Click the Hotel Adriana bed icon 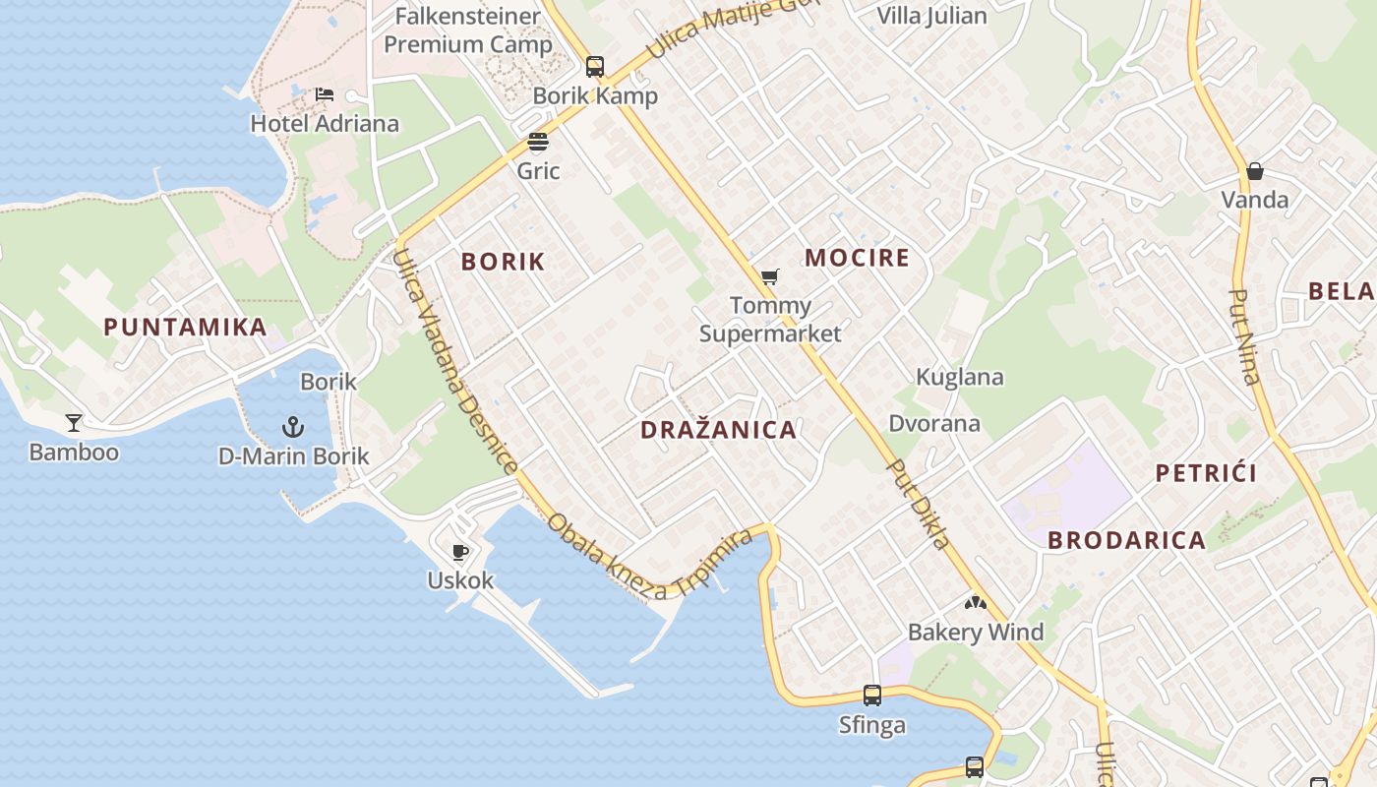click(325, 95)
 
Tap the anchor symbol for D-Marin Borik click(292, 427)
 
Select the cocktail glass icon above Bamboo click(74, 423)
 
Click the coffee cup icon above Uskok click(459, 552)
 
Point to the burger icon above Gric click(537, 142)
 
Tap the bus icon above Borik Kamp click(595, 67)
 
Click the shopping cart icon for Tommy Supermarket click(770, 276)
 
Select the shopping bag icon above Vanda click(1254, 171)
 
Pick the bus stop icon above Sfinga click(872, 696)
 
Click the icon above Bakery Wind click(974, 602)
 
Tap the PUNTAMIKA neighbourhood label click(185, 327)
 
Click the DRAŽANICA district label click(718, 430)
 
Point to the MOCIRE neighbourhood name click(857, 258)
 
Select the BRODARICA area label click(1126, 540)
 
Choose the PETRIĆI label click(1206, 473)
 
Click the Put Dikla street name click(918, 504)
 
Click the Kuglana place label click(960, 377)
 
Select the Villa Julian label click(931, 16)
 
